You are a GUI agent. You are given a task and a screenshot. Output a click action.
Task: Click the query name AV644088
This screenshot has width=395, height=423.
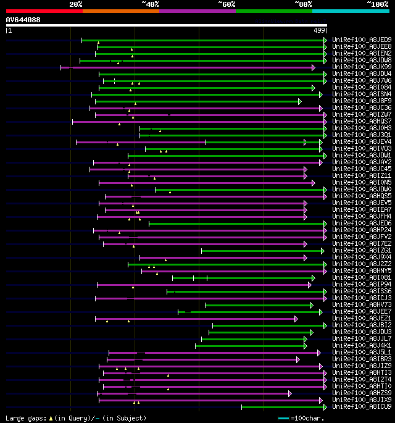tap(23, 20)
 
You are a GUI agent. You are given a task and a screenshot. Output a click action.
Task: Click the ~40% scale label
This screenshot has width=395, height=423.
tap(150, 4)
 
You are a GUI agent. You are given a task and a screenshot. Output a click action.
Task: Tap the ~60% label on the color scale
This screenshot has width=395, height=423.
tap(227, 4)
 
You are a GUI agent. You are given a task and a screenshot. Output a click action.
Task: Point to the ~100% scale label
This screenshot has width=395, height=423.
tap(378, 4)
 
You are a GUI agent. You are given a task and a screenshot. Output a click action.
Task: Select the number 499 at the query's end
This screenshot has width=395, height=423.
tap(320, 30)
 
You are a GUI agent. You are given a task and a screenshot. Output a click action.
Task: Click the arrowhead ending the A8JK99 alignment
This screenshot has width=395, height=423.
tap(314, 67)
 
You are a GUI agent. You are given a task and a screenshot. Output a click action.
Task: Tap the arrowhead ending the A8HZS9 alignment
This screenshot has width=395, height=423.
tap(290, 393)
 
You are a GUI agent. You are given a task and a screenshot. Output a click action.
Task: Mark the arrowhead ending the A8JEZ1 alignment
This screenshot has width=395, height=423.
tap(296, 319)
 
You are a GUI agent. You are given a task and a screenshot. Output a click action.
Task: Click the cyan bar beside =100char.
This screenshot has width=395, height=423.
tap(283, 418)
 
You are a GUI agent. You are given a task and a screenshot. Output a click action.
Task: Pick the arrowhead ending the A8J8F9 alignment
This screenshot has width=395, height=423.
tap(300, 101)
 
